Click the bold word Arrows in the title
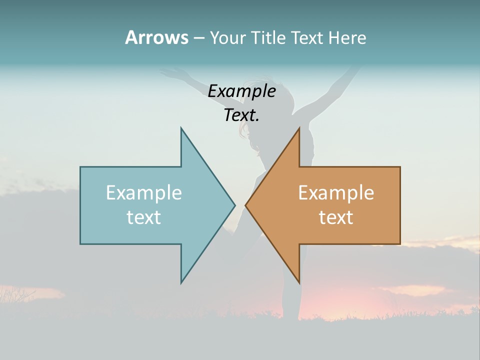click(x=156, y=37)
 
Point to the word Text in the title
click(x=307, y=37)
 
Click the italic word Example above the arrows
click(x=241, y=91)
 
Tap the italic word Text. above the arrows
click(x=241, y=115)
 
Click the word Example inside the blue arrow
click(x=144, y=192)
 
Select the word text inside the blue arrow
click(x=144, y=217)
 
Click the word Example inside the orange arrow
click(x=336, y=192)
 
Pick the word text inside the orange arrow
click(x=336, y=217)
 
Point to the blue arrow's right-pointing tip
click(x=234, y=205)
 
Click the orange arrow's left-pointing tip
click(x=246, y=205)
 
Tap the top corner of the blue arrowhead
click(x=181, y=128)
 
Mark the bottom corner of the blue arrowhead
click(x=181, y=282)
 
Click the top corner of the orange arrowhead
click(x=299, y=128)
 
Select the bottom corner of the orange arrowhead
click(x=299, y=282)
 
